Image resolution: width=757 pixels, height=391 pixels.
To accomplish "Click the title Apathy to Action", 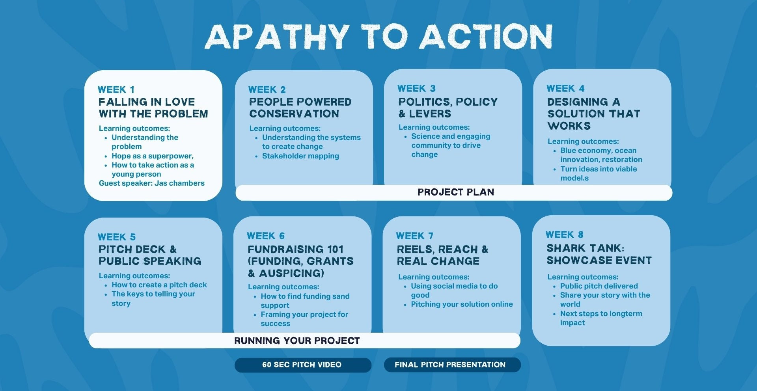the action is coord(378,36).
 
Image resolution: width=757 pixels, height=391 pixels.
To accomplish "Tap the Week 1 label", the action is coord(116,89).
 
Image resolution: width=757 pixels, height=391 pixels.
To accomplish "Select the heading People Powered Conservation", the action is coord(300,108).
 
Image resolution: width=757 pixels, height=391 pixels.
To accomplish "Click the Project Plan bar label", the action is coord(456,192).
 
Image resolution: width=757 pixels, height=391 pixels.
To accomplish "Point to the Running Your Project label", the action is coord(297,341).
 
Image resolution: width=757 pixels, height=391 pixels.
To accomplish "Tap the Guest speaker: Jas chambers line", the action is coord(152,183).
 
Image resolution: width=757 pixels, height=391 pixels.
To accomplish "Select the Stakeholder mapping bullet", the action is coord(300,156).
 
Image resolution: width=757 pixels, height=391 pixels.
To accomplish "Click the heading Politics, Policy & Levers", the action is coord(448,108).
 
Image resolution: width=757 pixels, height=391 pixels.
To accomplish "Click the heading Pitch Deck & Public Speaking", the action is coord(150,255).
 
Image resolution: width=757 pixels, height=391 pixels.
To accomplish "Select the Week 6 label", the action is coord(266,236).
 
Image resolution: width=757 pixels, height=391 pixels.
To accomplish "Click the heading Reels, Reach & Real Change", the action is coord(442,255).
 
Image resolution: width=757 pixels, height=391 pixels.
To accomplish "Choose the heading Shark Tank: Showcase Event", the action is coord(599,254).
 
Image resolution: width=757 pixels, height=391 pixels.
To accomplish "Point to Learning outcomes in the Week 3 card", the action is coord(434,127).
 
